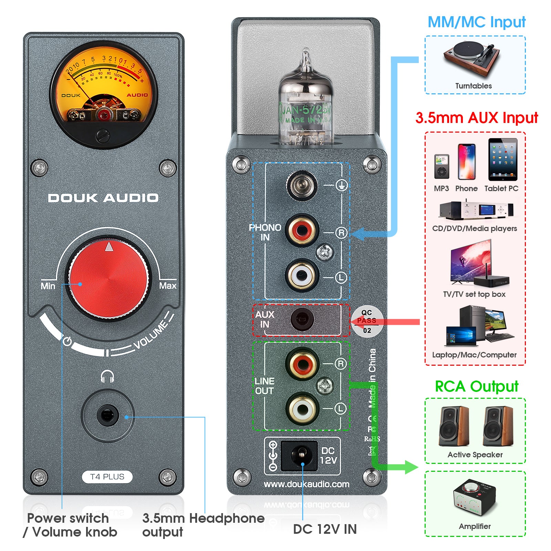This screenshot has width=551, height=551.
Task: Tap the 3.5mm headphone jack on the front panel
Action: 107,415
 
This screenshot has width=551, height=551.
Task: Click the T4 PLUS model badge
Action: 107,477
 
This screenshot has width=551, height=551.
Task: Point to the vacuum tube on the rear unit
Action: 305,103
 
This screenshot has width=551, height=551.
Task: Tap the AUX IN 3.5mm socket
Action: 302,320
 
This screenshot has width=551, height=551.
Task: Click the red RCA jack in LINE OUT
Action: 302,364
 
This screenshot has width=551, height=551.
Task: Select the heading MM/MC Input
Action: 476,22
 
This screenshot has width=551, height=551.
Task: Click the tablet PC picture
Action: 502,159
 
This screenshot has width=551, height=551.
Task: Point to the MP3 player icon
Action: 441,167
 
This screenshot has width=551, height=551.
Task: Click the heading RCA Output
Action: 476,386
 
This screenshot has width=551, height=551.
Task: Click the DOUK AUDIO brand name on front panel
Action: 103,198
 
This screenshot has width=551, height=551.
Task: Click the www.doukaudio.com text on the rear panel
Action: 306,484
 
